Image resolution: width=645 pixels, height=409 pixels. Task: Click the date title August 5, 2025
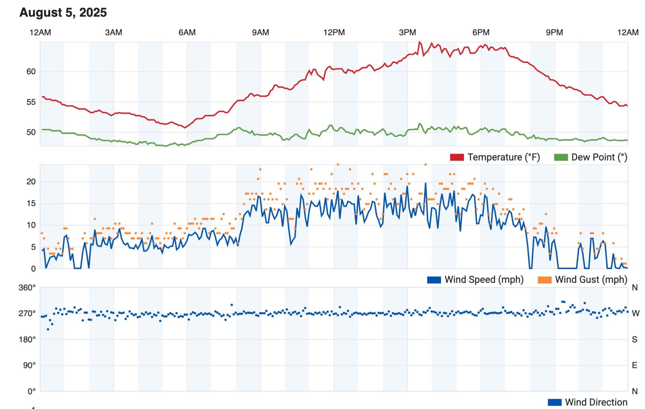(x=63, y=13)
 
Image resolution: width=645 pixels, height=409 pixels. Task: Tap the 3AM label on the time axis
(x=113, y=33)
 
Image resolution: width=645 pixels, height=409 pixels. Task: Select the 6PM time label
(x=481, y=33)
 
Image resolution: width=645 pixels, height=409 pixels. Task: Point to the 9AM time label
(x=260, y=33)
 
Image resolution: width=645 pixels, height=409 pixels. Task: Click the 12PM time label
(x=334, y=33)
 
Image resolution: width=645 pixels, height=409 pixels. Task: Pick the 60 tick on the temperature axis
(x=31, y=72)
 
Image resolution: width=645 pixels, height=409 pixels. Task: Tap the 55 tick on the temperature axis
(x=31, y=102)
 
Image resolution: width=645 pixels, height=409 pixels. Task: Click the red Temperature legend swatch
(x=457, y=157)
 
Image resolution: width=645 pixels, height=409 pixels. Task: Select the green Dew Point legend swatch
(x=561, y=157)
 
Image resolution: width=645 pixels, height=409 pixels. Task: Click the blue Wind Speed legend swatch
(x=434, y=280)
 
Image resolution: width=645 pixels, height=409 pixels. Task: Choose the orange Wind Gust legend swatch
(x=544, y=280)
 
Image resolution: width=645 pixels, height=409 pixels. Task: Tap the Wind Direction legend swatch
(x=554, y=402)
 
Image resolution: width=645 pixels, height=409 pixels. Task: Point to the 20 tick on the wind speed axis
(x=31, y=182)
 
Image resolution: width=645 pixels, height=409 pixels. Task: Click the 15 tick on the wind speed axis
(x=31, y=203)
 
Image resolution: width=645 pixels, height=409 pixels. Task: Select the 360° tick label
(x=27, y=288)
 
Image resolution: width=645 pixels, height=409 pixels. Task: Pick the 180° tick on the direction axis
(x=27, y=340)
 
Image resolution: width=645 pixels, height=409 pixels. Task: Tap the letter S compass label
(x=635, y=340)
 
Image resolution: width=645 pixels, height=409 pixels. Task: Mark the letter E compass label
(x=635, y=365)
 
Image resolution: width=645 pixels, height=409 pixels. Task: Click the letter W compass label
(x=635, y=313)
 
